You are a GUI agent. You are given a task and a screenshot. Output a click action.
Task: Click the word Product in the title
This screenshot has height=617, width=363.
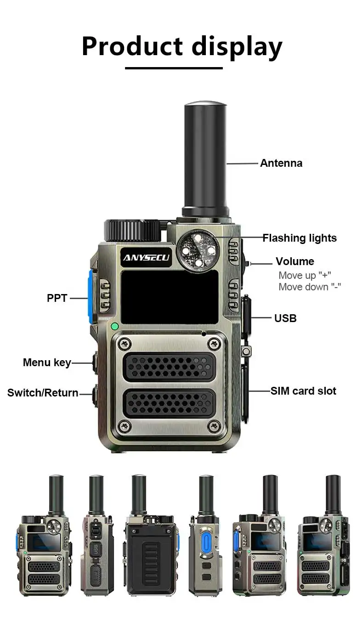tap(132, 46)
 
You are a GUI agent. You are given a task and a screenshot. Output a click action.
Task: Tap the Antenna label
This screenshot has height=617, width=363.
tap(281, 163)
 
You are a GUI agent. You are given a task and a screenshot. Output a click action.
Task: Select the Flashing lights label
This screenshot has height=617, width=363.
tap(300, 238)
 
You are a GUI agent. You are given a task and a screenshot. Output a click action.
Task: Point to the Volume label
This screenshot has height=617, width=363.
tap(295, 261)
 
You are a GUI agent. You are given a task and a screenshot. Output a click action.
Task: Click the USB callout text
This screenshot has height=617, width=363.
tap(285, 318)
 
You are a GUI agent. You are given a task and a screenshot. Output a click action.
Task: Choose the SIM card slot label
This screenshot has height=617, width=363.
tap(303, 391)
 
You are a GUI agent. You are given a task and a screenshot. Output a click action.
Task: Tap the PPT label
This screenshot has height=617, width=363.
tap(57, 298)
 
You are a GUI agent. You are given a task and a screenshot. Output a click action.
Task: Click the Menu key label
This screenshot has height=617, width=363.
tap(47, 363)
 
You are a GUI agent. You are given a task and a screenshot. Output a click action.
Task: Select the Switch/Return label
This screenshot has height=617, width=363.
tap(43, 393)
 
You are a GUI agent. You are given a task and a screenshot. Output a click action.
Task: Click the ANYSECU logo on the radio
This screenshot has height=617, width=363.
tap(146, 258)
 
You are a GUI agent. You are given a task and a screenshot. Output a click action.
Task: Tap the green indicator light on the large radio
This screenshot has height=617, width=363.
tap(114, 326)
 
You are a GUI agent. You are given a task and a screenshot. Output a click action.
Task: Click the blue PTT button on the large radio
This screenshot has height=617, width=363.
tap(91, 297)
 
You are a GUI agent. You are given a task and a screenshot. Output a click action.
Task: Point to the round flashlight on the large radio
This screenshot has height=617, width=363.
tap(198, 251)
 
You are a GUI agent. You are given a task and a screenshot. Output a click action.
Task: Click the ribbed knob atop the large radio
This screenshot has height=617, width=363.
tap(132, 231)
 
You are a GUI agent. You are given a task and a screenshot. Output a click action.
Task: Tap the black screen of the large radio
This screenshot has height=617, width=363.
tap(170, 297)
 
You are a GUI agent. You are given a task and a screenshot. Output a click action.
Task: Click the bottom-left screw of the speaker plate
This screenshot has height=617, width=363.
tap(124, 426)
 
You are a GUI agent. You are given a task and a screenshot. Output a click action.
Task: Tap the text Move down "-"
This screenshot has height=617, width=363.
tap(310, 287)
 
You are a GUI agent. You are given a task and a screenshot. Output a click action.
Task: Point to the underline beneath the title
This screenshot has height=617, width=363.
tap(174, 68)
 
